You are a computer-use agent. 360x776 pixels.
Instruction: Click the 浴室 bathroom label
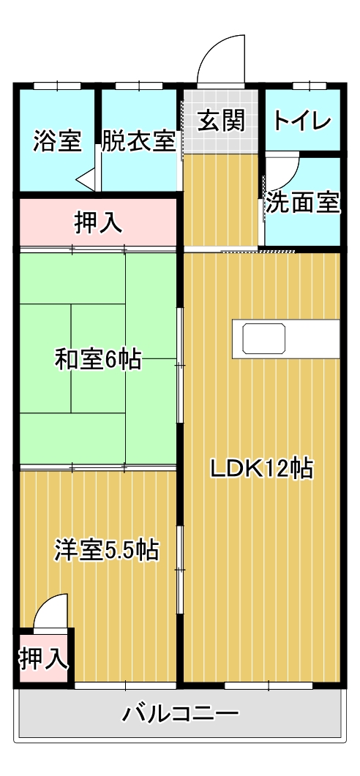(56, 140)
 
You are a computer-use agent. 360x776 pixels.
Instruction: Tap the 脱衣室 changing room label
(138, 140)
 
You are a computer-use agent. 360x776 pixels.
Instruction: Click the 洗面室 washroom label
(302, 203)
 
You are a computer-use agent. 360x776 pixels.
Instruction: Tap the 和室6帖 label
(98, 359)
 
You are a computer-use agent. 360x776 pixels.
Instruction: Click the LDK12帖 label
(261, 467)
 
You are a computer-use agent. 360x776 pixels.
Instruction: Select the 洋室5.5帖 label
(106, 549)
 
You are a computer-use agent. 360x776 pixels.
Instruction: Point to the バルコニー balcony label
(180, 712)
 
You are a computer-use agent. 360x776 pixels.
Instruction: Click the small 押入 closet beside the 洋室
(43, 659)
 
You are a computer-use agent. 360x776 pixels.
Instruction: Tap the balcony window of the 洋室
(125, 685)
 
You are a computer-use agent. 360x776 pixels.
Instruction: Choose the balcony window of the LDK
(269, 685)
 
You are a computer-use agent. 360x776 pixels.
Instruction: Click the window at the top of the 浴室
(56, 86)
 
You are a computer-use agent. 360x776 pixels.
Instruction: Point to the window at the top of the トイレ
(302, 86)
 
